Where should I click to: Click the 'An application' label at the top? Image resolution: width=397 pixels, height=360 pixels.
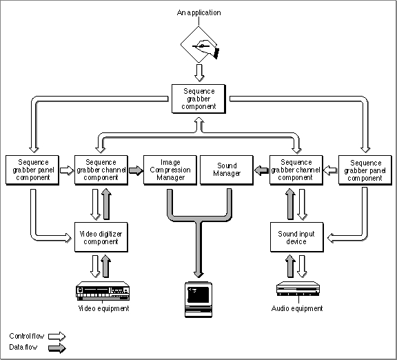(198, 12)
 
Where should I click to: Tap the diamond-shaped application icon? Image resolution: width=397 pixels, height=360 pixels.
(199, 45)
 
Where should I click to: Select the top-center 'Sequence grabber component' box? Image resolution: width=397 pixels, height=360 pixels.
(198, 99)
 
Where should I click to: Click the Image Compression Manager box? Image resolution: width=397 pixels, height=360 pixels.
(170, 170)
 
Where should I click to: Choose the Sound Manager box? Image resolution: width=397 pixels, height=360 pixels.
(227, 170)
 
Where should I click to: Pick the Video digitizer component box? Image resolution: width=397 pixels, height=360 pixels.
(101, 237)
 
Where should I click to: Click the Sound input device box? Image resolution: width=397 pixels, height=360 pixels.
(297, 237)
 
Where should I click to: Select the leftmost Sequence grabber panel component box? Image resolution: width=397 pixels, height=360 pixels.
(32, 170)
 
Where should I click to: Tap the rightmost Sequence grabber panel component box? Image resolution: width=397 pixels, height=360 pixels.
(365, 170)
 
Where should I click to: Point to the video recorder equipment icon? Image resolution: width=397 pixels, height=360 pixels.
(103, 291)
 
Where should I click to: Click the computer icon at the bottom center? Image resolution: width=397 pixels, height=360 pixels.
(198, 299)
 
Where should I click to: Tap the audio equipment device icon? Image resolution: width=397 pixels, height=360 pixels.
(298, 288)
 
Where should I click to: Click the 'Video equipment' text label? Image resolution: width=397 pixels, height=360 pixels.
(104, 308)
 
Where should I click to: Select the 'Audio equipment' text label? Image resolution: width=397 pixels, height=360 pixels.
(297, 308)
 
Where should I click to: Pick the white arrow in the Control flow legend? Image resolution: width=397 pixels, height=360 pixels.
(57, 337)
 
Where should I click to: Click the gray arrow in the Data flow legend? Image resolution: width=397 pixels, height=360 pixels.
(57, 348)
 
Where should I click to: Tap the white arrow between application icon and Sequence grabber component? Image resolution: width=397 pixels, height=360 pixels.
(199, 72)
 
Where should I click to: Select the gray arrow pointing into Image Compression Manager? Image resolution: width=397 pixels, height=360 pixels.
(136, 170)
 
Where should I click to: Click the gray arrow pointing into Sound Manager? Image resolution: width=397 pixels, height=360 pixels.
(261, 170)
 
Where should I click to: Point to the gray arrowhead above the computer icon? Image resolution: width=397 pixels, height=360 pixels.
(198, 274)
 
